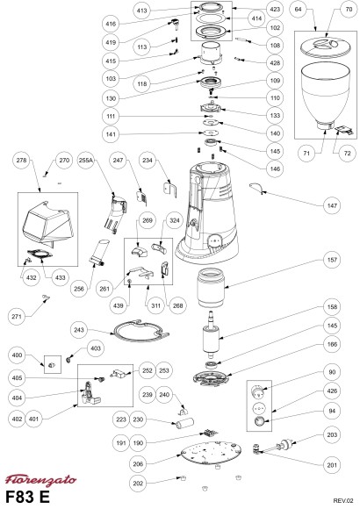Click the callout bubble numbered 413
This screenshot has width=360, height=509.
141,11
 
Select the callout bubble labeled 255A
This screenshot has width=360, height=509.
86,160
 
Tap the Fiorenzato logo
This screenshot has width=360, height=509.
40,480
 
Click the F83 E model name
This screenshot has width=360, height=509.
27,497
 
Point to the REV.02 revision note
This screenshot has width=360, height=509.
343,500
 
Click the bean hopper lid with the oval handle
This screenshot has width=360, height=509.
326,47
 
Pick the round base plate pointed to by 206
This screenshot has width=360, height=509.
211,452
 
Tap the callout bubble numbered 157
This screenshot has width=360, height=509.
332,260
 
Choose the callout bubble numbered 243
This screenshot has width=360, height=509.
79,330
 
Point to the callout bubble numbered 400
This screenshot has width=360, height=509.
17,355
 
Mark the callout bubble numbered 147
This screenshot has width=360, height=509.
332,205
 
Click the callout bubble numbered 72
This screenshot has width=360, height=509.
348,153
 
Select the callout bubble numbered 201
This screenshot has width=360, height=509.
332,465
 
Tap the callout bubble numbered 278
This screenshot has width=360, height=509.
21,160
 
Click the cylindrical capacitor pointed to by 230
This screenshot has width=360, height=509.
185,423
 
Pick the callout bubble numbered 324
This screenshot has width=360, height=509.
175,220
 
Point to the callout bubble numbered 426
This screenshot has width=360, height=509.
332,391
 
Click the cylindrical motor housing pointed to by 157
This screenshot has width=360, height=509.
211,288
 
